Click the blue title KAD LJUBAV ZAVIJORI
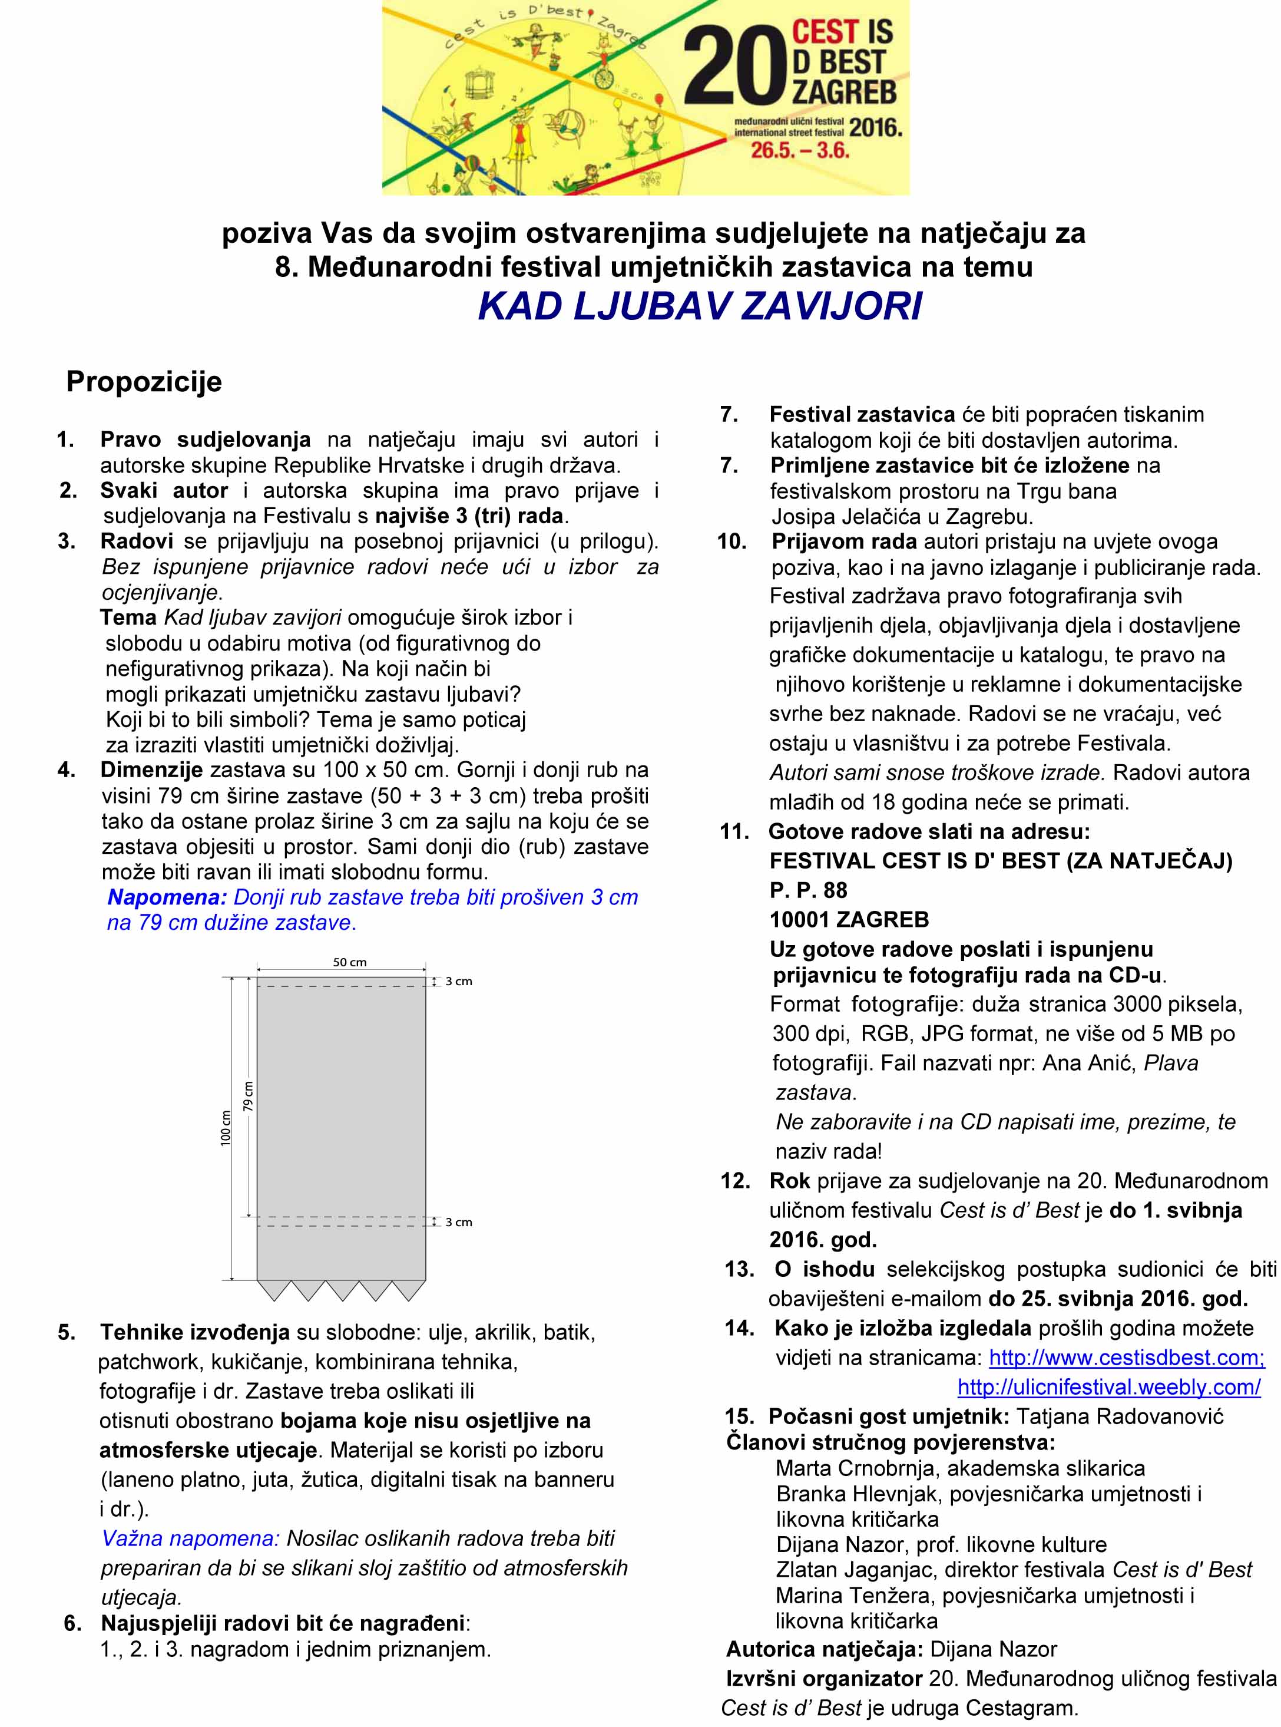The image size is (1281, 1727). click(700, 306)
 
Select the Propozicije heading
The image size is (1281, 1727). click(144, 381)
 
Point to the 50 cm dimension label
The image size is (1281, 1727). click(350, 962)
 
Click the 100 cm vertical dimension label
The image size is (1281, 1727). click(226, 1127)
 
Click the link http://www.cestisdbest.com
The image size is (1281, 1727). click(1127, 1357)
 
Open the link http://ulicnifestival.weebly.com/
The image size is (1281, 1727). click(1109, 1386)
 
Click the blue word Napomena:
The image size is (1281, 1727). click(167, 897)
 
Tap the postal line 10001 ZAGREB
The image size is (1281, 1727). click(849, 919)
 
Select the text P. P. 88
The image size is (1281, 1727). click(808, 890)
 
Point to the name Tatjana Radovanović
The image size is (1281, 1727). click(1119, 1416)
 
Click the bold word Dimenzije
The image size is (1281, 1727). click(151, 770)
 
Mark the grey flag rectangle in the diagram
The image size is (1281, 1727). click(341, 1125)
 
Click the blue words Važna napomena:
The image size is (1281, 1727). click(190, 1538)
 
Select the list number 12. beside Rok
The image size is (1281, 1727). click(735, 1180)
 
